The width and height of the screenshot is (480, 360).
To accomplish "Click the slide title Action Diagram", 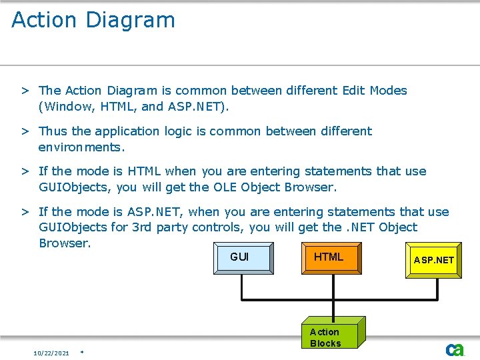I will (x=93, y=20).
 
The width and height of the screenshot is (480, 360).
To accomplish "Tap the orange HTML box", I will (x=330, y=258).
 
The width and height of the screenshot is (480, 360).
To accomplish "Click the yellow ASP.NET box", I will (x=434, y=260).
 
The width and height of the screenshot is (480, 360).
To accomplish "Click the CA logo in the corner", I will (x=455, y=349).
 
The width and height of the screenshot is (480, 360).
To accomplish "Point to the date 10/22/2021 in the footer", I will (x=51, y=353).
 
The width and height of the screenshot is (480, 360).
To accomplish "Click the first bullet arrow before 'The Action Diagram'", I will (x=24, y=91).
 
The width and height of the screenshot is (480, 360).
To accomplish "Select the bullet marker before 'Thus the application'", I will (x=24, y=131).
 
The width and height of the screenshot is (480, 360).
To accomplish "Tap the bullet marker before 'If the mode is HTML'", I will (x=24, y=171).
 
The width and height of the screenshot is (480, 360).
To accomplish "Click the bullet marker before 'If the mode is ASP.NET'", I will (x=24, y=212).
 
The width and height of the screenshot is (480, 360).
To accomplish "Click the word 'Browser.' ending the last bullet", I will (x=64, y=243).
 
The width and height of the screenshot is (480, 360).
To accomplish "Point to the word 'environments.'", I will (x=81, y=147).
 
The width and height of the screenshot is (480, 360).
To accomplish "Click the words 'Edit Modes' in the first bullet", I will (x=374, y=91).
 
